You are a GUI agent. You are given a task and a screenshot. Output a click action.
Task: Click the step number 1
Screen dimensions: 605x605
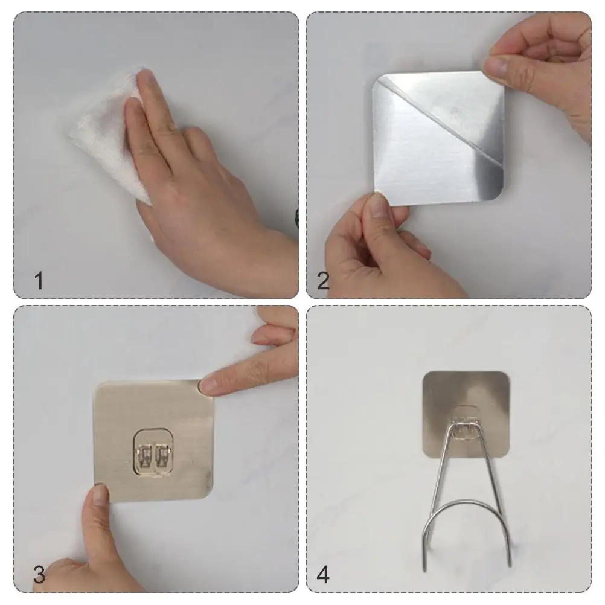click(x=39, y=281)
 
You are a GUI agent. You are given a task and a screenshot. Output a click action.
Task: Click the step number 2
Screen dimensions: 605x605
click(x=324, y=281)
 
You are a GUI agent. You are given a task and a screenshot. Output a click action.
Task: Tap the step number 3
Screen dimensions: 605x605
click(x=39, y=575)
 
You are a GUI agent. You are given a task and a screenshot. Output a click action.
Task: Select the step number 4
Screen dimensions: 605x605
click(x=324, y=575)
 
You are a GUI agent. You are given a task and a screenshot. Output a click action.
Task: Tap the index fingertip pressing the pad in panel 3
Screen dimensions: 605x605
click(x=208, y=385)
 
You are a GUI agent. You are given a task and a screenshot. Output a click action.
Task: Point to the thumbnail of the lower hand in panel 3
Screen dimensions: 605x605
click(x=100, y=496)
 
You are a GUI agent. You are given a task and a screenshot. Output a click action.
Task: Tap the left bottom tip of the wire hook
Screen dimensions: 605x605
click(x=425, y=569)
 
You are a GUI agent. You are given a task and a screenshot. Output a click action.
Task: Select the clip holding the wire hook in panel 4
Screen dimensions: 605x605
click(x=466, y=424)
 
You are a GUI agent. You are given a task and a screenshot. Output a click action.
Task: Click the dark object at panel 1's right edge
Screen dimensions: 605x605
click(x=296, y=219)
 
